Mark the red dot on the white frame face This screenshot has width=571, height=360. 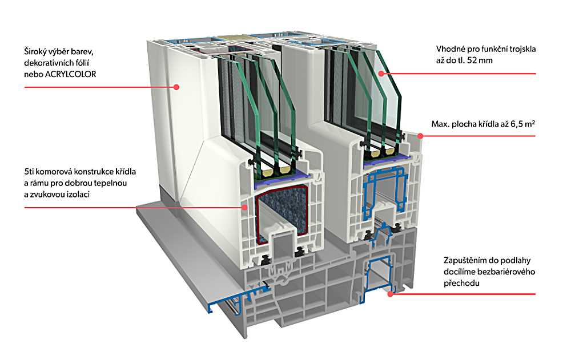pos(177,87)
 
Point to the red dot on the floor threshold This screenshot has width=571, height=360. pos(391,293)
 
